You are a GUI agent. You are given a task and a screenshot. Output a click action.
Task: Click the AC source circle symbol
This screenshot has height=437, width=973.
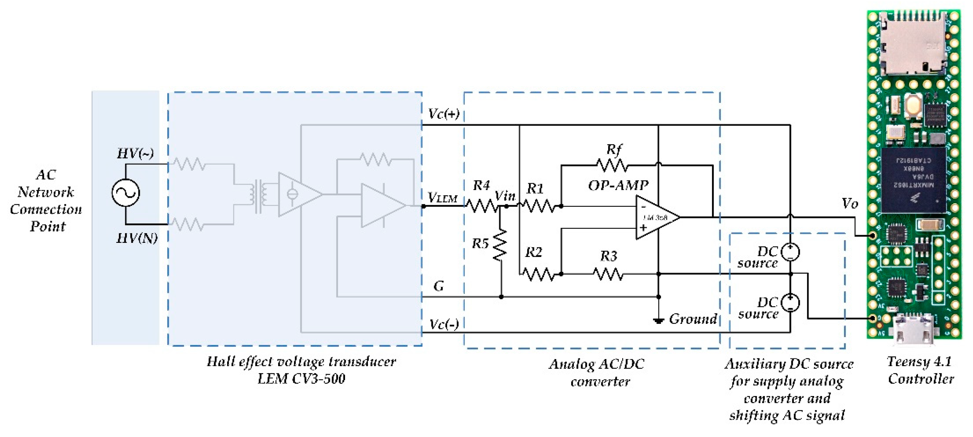pos(125,192)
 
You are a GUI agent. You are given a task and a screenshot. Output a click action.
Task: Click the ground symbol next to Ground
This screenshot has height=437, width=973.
pos(659,321)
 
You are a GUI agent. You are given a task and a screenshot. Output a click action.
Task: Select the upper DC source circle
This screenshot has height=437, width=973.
pos(790,252)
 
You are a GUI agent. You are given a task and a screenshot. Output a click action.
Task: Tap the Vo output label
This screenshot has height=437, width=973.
pos(850,204)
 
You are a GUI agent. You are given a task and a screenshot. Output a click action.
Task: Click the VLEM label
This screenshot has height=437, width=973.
pos(442,198)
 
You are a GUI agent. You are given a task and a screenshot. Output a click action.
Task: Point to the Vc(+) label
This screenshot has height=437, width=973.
pos(443,113)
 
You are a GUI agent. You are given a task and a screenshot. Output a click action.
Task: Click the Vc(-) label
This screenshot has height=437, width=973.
pos(444,324)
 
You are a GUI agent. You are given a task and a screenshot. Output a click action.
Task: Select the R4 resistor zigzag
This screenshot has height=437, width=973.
pos(481,206)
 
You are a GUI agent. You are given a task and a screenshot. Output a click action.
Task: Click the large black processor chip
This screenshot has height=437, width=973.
pos(913,180)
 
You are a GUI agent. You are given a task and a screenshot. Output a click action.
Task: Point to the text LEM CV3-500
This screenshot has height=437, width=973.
pos(301,379)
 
